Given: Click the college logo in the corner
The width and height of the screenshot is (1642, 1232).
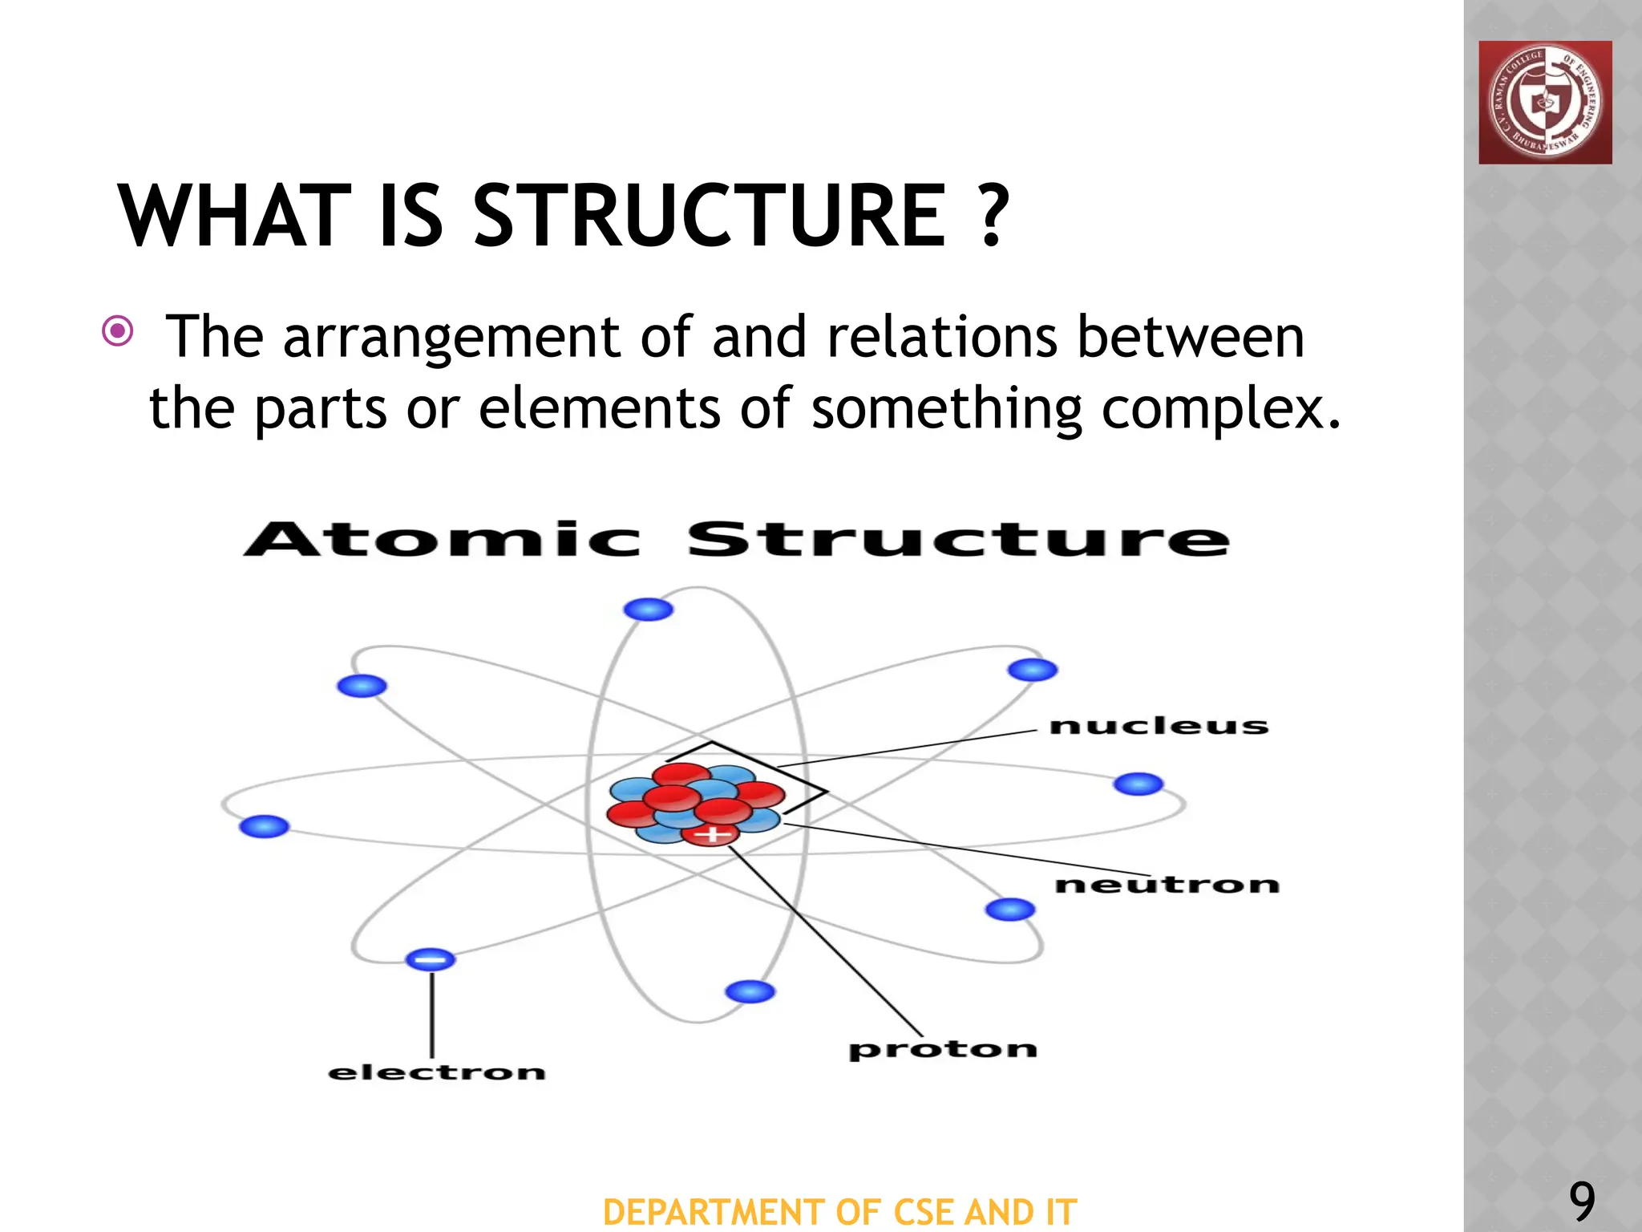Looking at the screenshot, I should (x=1545, y=103).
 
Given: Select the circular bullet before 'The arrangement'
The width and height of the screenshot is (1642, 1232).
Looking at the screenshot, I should (x=118, y=330).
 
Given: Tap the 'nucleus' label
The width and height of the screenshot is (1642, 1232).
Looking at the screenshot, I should (x=1159, y=726).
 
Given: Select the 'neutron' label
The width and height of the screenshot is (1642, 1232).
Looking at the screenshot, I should (x=1167, y=885).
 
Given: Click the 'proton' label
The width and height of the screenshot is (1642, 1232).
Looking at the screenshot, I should (x=943, y=1049).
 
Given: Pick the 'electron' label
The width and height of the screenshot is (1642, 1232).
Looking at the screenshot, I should (x=437, y=1072).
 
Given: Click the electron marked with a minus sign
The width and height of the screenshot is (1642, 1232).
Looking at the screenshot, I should (x=431, y=959).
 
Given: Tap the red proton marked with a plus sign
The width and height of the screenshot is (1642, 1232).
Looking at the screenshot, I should (x=710, y=835).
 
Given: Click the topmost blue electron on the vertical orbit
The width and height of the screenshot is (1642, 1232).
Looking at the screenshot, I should (x=648, y=610).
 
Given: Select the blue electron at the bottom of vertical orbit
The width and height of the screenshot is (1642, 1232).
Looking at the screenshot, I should (x=750, y=992).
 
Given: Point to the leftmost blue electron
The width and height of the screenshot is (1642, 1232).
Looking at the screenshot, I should (x=264, y=826).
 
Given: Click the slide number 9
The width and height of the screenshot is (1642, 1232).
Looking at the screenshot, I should (x=1582, y=1202).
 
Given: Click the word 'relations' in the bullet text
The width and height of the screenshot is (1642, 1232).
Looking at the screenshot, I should (x=942, y=337).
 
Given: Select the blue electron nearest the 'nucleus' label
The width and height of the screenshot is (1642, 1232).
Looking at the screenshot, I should (x=1033, y=670).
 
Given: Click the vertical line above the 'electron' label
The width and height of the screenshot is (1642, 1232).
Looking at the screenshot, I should (x=432, y=1015).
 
